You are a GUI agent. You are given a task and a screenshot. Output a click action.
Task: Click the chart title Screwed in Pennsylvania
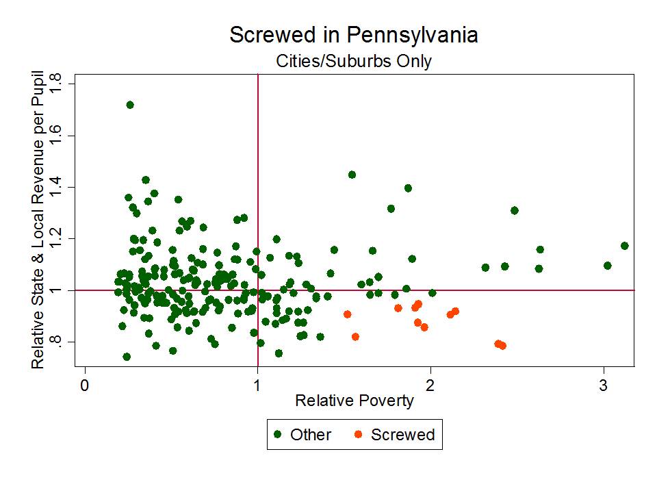click(x=353, y=35)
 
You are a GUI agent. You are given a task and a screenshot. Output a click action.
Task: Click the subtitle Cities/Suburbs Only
click(x=353, y=61)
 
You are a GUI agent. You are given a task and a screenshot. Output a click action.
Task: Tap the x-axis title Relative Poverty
click(x=354, y=401)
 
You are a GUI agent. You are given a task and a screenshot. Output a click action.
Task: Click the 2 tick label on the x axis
click(x=430, y=384)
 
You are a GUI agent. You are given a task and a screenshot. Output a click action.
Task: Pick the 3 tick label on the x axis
click(x=603, y=384)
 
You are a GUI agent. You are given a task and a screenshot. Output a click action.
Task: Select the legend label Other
click(x=311, y=435)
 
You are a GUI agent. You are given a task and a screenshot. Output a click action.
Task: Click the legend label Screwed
click(x=402, y=435)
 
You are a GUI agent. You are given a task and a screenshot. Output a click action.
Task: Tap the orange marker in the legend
click(x=358, y=435)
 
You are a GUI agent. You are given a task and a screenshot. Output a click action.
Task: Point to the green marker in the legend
click(x=277, y=435)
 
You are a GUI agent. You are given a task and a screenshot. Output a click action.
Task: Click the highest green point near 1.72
click(x=130, y=105)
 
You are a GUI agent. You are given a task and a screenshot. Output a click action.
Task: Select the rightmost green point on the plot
click(x=624, y=246)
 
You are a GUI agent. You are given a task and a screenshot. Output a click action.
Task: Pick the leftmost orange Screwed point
click(x=348, y=314)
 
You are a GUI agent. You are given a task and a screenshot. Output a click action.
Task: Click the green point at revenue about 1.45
click(x=352, y=175)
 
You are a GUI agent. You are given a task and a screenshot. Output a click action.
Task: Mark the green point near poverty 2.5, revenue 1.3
click(x=515, y=210)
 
